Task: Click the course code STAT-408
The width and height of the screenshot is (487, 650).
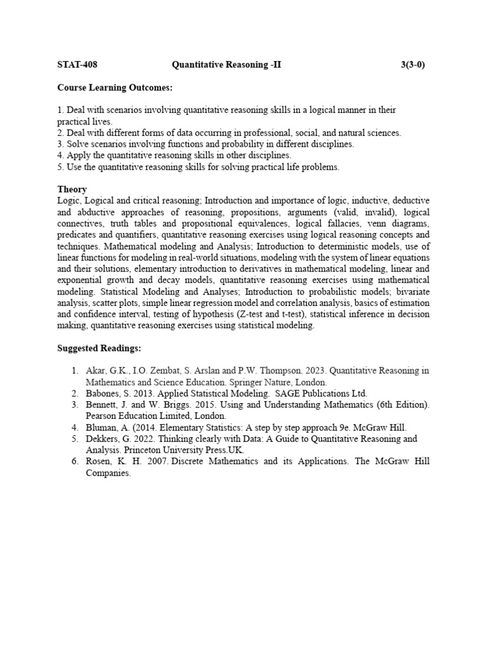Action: click(77, 65)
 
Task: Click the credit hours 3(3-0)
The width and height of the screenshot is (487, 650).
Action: click(413, 65)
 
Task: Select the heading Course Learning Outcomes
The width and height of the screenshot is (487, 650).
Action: click(115, 87)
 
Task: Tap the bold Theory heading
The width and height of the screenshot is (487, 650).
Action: click(72, 189)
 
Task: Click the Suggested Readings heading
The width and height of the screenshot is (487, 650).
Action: click(100, 348)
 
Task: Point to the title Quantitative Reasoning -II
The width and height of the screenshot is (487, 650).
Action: click(226, 65)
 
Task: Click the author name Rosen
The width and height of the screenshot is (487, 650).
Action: click(99, 461)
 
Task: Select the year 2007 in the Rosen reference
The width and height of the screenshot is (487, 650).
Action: click(158, 461)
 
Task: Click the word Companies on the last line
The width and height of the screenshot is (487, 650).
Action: click(107, 473)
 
